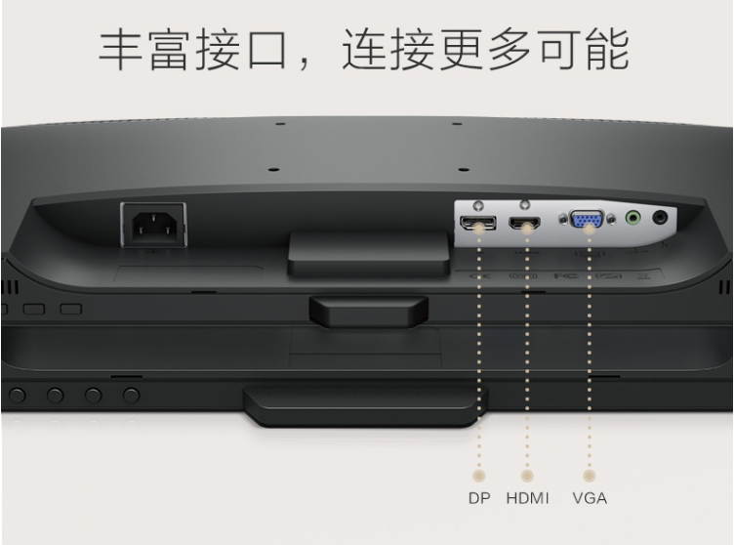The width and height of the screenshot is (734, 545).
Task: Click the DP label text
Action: point(479,498)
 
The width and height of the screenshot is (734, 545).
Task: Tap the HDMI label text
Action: point(527,498)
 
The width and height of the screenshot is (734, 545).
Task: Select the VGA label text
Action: point(590,498)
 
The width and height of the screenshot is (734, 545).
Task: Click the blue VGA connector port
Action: point(587,220)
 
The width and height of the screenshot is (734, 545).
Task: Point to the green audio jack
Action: point(632,218)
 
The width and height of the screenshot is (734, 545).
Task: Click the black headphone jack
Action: point(660,218)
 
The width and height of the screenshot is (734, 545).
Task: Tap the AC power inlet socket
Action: point(154,225)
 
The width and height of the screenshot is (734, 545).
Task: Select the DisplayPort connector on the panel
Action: point(478,223)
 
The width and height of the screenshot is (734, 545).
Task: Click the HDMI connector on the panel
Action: point(525,223)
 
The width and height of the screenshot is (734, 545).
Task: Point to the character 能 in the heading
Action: point(607,49)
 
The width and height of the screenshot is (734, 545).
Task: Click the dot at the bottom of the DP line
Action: point(479,476)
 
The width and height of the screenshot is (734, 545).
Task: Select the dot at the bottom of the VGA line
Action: point(590,476)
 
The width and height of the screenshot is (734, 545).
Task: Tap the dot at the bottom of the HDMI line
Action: point(527,476)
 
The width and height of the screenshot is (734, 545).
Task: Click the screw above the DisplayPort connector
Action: point(478,206)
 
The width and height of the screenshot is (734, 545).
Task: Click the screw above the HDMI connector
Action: point(525,205)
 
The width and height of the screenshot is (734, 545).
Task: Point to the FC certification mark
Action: point(566,275)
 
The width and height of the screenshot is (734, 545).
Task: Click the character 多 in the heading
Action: point(510,49)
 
